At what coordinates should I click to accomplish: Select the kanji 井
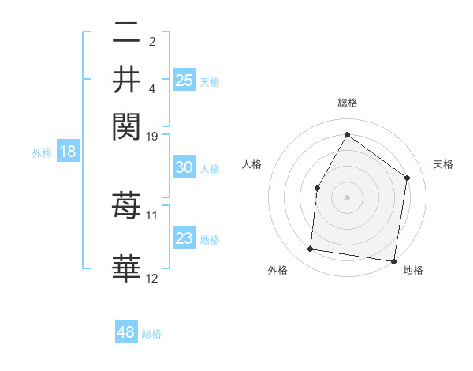(126, 80)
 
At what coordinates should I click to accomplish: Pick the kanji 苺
(126, 207)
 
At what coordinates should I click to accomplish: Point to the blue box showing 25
(184, 80)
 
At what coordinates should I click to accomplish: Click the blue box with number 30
(184, 167)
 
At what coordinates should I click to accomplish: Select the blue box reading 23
(184, 238)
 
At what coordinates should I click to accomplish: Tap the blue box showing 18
(68, 152)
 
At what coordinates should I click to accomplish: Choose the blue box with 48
(126, 332)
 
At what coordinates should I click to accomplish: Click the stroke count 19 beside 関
(152, 137)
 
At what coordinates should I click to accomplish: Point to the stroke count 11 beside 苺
(152, 215)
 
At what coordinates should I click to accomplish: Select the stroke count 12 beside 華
(152, 278)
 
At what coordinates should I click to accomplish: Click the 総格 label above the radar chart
(347, 103)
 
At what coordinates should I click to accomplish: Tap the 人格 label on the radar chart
(252, 164)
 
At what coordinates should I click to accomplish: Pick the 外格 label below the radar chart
(277, 271)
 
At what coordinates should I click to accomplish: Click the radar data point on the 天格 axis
(408, 178)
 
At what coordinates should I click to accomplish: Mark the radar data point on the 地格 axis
(393, 260)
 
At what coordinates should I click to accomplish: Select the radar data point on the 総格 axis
(347, 134)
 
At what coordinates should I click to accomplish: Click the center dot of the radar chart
(347, 197)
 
